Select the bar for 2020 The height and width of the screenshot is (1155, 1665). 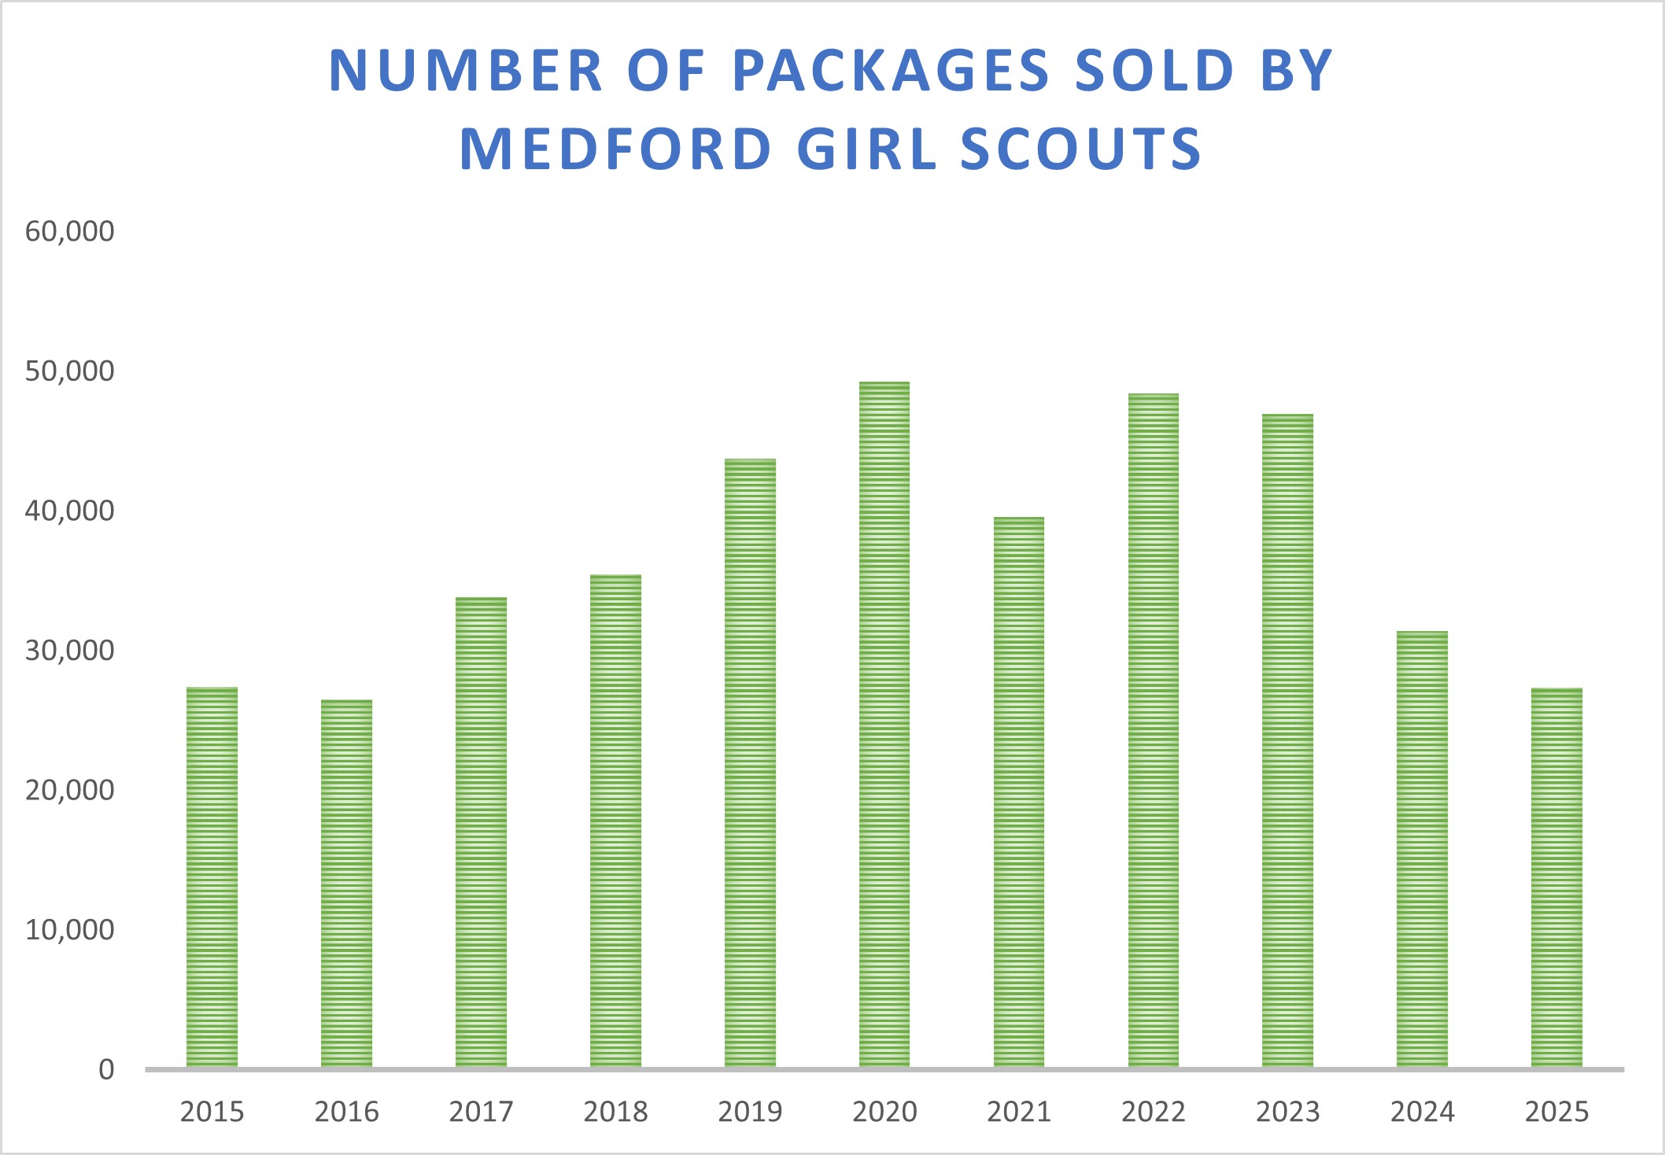(x=884, y=724)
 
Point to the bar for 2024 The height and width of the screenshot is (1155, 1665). (x=1422, y=849)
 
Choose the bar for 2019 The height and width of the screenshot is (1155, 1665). (x=750, y=762)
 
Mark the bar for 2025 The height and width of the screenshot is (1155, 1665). (x=1556, y=877)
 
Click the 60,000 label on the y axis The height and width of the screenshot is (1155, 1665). (x=69, y=231)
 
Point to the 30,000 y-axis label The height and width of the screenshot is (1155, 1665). (x=69, y=651)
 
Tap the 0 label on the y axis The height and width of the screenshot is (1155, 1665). (x=106, y=1070)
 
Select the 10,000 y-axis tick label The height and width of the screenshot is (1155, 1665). (x=69, y=930)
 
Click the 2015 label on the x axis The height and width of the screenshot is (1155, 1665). (x=212, y=1112)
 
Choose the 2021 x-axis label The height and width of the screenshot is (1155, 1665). (x=1019, y=1112)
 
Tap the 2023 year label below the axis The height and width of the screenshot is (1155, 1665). (x=1287, y=1112)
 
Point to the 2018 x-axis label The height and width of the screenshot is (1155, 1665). (x=615, y=1112)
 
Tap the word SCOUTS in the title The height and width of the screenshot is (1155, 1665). (x=1081, y=149)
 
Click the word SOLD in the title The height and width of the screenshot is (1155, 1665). (x=1154, y=71)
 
